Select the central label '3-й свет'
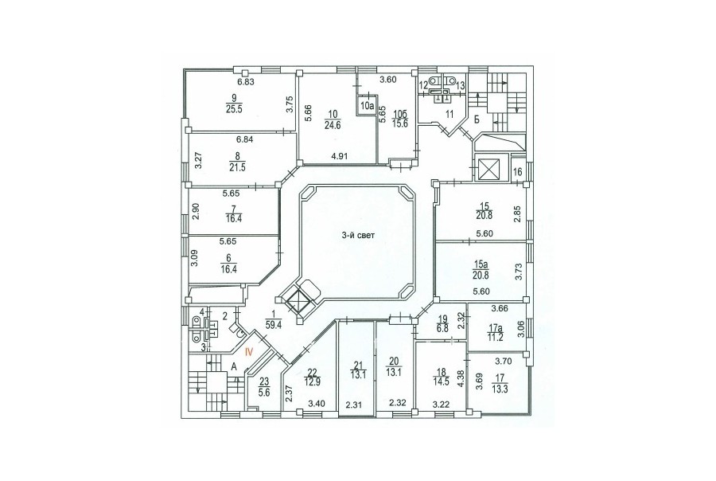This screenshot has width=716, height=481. tap(359, 236)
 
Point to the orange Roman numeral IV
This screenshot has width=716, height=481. tap(249, 352)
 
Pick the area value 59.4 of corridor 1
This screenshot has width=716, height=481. tap(273, 325)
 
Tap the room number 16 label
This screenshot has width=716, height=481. tap(518, 172)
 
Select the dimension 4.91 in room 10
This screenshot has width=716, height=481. tap(339, 156)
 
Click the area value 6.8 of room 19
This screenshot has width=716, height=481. tap(442, 328)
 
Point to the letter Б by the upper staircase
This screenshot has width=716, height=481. tap(477, 121)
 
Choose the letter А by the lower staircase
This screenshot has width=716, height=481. tap(234, 366)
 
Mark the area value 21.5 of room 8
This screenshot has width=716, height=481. tap(237, 167)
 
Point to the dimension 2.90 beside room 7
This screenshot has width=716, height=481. tap(196, 212)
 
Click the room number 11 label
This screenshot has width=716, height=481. tap(449, 114)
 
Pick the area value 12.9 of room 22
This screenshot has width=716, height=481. tap(313, 379)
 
